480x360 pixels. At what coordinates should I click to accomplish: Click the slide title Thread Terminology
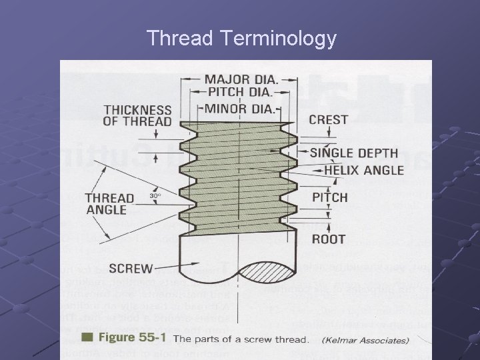coord(241,39)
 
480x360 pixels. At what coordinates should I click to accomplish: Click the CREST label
coord(328,120)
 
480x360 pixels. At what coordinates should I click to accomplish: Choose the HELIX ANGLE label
coord(364,170)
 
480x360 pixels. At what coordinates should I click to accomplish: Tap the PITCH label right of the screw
coord(330,197)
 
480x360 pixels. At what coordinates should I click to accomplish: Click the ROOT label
coord(329,239)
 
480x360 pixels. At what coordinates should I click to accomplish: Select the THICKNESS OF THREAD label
coord(137,115)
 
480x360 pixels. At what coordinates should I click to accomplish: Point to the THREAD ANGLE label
coord(106,203)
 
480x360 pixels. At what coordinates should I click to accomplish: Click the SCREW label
coord(130,269)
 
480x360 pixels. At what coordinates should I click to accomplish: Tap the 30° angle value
coord(155,196)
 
